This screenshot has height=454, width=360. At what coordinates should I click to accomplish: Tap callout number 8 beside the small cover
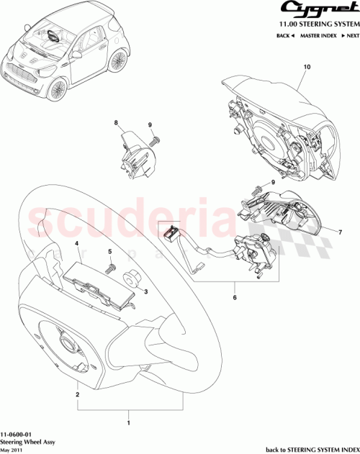pos(114,124)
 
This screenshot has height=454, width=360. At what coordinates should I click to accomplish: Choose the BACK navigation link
pos(284,35)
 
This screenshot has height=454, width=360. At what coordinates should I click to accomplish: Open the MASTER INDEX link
pos(317,35)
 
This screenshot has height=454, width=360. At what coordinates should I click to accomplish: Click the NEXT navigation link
pos(349,35)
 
